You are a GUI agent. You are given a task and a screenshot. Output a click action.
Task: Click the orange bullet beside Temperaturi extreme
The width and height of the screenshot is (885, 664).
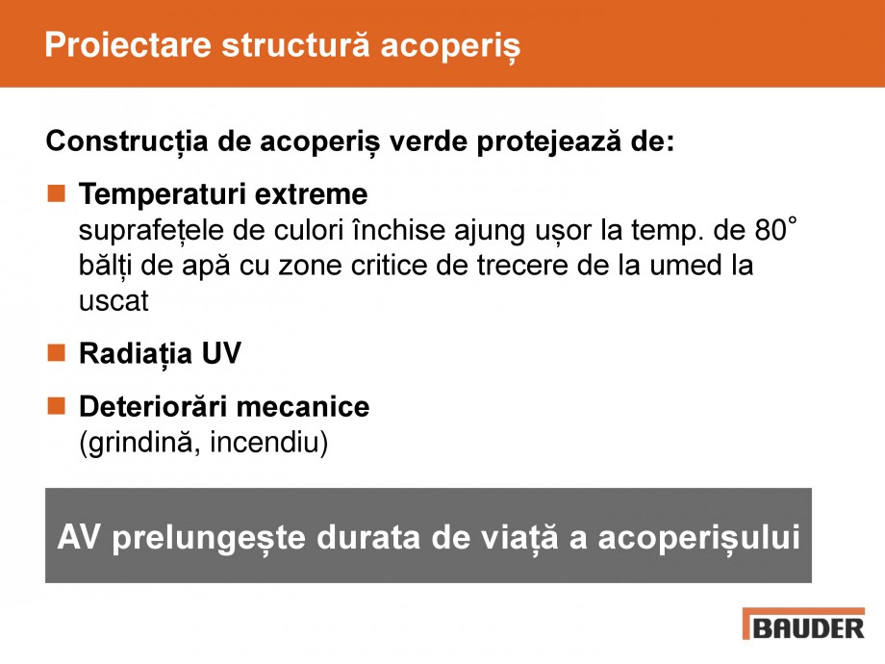pyautogui.click(x=57, y=193)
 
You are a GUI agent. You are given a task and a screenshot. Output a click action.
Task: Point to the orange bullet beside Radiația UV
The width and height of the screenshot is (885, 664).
pyautogui.click(x=57, y=353)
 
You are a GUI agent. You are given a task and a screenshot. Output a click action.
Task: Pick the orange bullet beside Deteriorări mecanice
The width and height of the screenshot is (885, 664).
pyautogui.click(x=57, y=405)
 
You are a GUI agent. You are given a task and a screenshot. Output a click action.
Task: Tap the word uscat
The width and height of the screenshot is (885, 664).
pyautogui.click(x=114, y=300)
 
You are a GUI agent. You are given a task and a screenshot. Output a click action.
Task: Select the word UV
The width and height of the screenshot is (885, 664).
pyautogui.click(x=220, y=354)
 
